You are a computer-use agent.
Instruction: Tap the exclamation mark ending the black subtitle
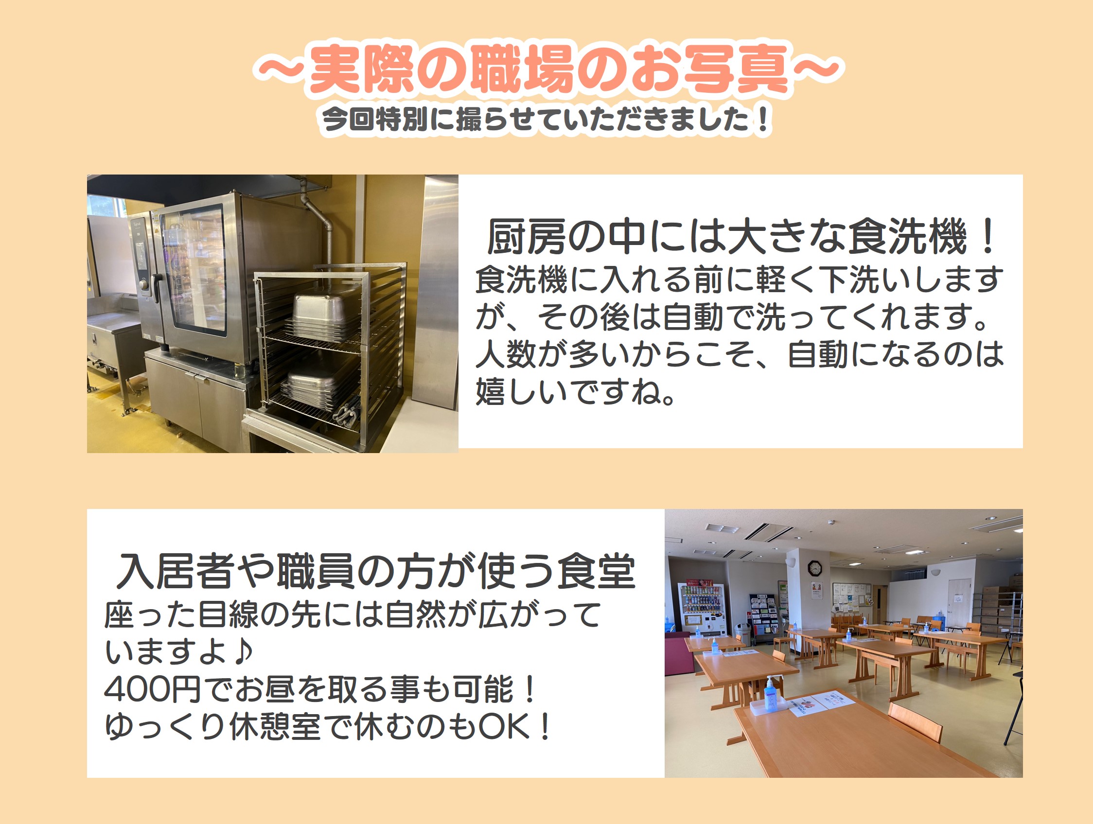[763, 120]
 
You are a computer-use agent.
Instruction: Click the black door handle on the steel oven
[157, 287]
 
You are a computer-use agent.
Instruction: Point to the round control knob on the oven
[144, 285]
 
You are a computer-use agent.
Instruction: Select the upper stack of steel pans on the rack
[324, 316]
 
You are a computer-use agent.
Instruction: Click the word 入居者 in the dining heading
[176, 571]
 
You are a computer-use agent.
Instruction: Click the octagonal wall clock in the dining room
[814, 568]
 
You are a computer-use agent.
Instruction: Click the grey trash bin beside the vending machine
[741, 634]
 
